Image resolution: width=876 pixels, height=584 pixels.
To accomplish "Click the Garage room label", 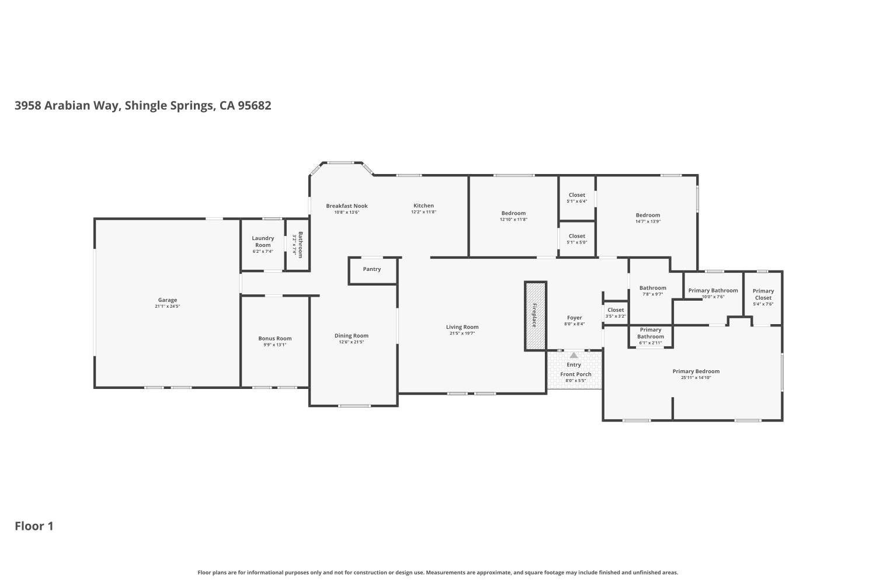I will coord(167,300).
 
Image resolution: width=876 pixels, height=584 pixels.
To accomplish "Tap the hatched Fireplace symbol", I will coord(535,315).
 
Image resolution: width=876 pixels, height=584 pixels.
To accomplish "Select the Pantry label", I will coord(372,269).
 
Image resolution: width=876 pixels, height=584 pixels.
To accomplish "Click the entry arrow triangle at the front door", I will coord(574,355).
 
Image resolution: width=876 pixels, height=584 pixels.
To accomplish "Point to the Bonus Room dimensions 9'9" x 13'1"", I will coord(275,345).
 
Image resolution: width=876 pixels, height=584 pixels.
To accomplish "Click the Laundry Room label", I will coord(263,241).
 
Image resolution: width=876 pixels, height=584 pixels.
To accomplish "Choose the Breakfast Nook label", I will coord(347,206).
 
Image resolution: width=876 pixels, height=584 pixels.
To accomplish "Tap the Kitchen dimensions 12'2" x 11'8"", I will coord(423,212).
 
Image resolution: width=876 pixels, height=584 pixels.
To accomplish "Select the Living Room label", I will coord(463,327).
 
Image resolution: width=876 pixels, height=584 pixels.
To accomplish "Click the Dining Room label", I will coord(352,335).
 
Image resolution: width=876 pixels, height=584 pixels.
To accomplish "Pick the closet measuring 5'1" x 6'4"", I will coord(577,198).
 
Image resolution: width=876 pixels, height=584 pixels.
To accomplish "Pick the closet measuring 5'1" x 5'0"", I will coord(577,239).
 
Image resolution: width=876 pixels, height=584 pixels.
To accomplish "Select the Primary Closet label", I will coord(763,294).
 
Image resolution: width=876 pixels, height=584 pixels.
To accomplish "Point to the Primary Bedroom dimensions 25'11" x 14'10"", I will coord(696,378).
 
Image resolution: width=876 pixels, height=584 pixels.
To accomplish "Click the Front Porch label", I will coord(576,374).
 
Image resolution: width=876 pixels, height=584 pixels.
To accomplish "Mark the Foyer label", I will coord(575,318).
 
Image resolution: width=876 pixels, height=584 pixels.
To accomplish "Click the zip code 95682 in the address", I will coord(254,106).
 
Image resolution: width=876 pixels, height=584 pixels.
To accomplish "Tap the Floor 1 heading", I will coord(34,526).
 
